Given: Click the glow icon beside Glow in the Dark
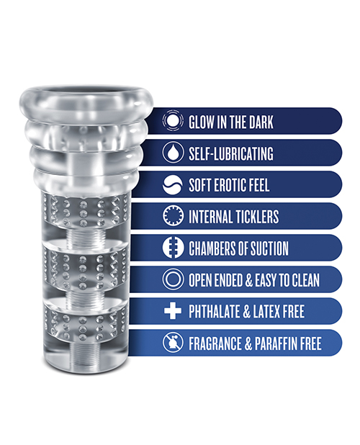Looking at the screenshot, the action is coord(173,121).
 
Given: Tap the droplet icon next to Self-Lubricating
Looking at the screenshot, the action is coord(173,153).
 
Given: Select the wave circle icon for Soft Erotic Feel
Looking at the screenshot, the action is coord(173,185).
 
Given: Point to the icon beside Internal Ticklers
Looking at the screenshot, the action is coord(173,216).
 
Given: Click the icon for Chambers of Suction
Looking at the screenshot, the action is coord(173,248).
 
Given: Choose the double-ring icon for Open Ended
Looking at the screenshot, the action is coord(173,279).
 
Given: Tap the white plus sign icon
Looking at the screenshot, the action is coord(173,311).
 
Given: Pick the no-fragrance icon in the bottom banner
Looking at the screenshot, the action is coord(173,343).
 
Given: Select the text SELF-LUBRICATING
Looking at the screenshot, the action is coord(231,153).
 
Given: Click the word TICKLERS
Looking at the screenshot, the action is coord(256,217).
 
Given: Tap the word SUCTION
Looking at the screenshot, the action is coord(269,248).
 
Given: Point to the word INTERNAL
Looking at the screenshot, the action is coord(210,217).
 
